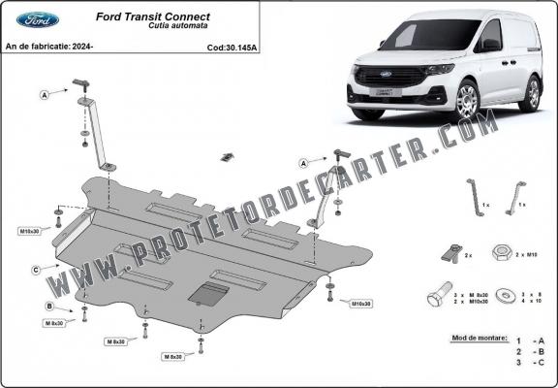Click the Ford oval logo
pos(37,19)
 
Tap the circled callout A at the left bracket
pos(45,94)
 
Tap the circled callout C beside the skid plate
pos(35,269)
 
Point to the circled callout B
pos(49,307)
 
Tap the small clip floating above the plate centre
pos(228,158)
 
